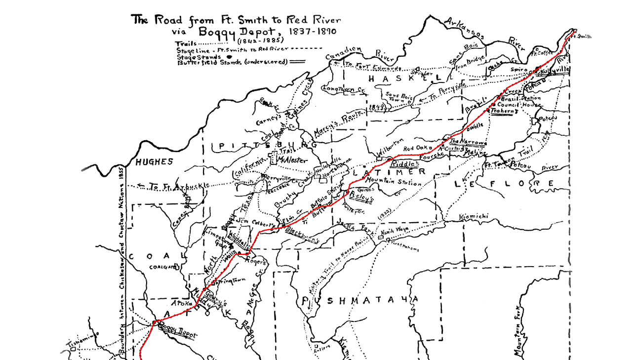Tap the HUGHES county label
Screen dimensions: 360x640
click(154, 161)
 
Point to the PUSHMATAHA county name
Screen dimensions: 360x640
click(361, 300)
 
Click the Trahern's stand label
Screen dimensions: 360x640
click(503, 112)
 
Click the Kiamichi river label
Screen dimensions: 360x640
click(474, 217)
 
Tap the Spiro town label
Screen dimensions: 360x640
click(518, 70)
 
